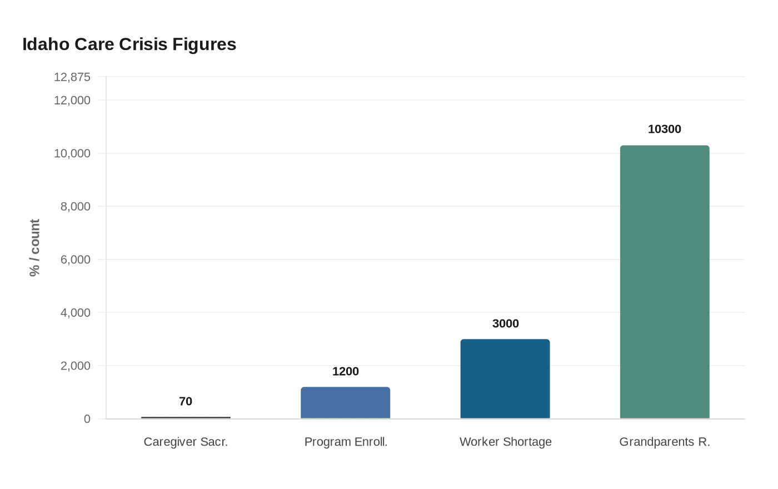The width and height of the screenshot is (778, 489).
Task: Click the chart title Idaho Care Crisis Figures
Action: (129, 44)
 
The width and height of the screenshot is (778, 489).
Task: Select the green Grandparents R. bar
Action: (665, 282)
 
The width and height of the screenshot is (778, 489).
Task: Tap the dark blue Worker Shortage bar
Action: (505, 378)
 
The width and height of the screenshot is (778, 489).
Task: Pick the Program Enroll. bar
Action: (345, 402)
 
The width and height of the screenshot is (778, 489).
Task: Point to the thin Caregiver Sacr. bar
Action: (186, 417)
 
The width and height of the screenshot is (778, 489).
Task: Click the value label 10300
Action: (665, 129)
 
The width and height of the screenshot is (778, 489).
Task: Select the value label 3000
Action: (505, 324)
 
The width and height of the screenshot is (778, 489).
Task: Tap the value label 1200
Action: (345, 372)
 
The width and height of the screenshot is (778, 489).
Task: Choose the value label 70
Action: (186, 402)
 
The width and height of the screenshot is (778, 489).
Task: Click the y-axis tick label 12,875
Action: (72, 77)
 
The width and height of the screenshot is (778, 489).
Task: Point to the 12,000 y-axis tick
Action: (72, 101)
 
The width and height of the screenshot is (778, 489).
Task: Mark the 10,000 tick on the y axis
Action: (72, 153)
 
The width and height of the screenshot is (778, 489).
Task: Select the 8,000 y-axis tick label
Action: (75, 207)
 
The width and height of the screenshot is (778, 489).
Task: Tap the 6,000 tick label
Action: (75, 260)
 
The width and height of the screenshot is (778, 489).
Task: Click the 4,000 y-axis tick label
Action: (75, 313)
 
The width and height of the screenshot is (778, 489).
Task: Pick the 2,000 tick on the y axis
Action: (75, 366)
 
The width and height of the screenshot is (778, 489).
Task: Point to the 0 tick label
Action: (87, 419)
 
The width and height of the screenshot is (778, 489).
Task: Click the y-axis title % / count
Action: (35, 247)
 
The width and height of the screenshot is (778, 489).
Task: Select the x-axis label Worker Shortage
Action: (505, 442)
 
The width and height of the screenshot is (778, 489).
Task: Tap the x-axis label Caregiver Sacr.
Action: (186, 442)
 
